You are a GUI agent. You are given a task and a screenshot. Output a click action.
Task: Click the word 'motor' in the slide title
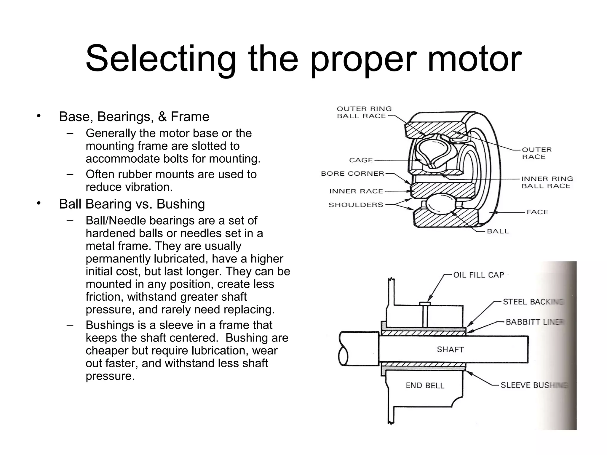[x=474, y=59]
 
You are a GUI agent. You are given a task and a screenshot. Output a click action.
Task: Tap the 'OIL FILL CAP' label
[x=478, y=275]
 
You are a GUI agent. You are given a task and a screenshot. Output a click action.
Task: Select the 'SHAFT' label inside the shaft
[x=450, y=350]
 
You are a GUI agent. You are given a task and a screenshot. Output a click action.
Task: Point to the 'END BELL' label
[x=425, y=385]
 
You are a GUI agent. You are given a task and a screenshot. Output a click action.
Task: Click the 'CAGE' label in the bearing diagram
[x=361, y=160]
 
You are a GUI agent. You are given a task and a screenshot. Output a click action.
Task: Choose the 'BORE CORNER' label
[x=352, y=174]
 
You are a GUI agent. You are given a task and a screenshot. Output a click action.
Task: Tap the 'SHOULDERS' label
[x=356, y=205]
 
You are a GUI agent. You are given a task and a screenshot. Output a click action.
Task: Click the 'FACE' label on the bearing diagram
[x=537, y=212]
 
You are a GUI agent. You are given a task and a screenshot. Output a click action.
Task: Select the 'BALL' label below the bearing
[x=498, y=231]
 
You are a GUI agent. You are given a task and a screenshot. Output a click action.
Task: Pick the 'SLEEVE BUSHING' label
[x=533, y=385]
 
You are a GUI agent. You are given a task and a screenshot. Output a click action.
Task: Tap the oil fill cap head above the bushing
[x=425, y=303]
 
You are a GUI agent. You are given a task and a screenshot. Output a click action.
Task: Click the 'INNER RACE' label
[x=356, y=191]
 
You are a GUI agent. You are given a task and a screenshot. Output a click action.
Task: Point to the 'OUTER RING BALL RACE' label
[x=364, y=113]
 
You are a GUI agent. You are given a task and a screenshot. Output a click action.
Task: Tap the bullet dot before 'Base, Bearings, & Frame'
[x=38, y=116]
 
